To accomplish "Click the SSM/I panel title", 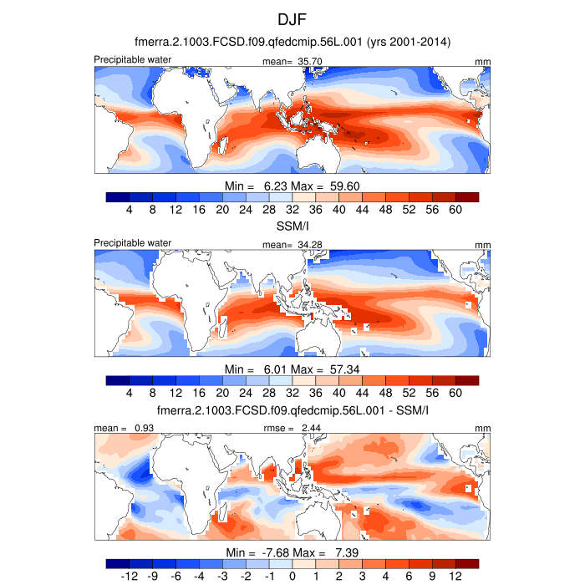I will (x=292, y=226).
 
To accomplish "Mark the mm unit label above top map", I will (x=482, y=62).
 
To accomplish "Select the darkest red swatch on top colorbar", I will (x=467, y=197).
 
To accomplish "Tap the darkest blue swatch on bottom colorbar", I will (x=118, y=565).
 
